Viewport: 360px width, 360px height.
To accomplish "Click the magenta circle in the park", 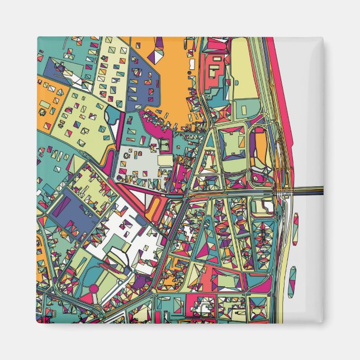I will tap(94, 289).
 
